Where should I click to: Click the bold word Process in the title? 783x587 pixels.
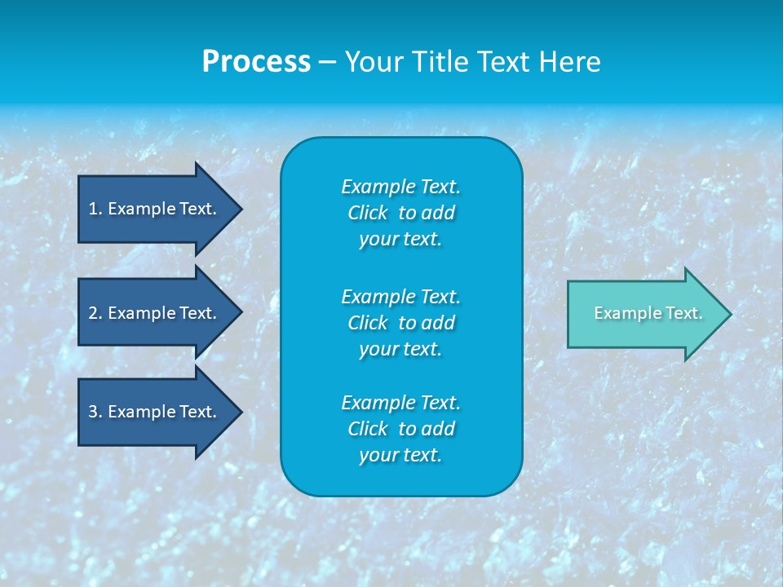point(256,62)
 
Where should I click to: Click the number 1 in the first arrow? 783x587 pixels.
point(93,209)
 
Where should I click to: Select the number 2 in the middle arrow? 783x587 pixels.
point(93,313)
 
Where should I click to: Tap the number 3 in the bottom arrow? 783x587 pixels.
point(93,412)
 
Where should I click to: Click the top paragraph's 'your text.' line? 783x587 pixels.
point(400,240)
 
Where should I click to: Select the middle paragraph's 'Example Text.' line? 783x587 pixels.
point(400,296)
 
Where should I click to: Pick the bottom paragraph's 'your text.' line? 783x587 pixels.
point(400,456)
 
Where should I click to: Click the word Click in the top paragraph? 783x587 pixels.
point(367,214)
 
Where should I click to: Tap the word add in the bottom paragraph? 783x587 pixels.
point(439,429)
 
